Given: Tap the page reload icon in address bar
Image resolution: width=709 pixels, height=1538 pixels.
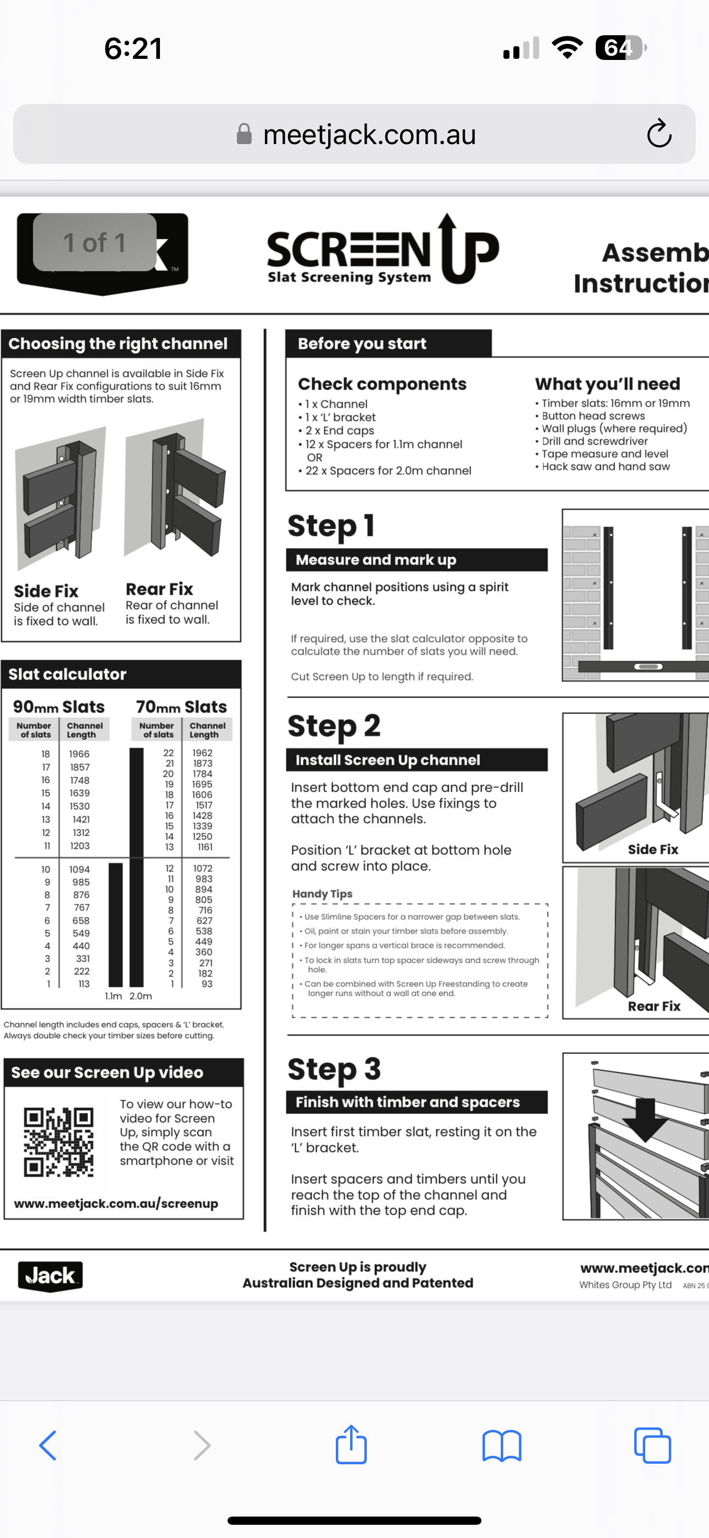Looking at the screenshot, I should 659,134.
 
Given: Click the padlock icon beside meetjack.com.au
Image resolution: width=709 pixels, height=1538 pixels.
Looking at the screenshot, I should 243,134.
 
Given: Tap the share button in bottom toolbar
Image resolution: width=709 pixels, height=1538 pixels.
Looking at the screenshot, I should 351,1445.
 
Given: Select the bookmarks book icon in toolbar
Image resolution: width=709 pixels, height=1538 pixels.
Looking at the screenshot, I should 502,1446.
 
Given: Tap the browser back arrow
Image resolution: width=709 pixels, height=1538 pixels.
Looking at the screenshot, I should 48,1446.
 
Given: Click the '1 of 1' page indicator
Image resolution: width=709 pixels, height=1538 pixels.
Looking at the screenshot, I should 95,243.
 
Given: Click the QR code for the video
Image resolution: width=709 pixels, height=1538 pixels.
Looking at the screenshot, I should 58,1142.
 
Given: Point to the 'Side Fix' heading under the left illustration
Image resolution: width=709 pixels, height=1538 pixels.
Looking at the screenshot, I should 46,591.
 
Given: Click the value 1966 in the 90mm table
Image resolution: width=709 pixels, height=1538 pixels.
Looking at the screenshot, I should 79,754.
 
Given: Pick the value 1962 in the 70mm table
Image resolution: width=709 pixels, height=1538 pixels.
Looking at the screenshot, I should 202,753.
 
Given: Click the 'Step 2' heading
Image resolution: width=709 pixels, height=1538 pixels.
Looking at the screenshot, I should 334,726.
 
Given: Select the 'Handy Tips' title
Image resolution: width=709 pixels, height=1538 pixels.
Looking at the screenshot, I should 322,894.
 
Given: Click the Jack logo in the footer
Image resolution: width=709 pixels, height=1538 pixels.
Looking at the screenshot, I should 50,1276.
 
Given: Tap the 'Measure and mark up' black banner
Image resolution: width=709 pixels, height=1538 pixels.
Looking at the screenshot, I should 417,559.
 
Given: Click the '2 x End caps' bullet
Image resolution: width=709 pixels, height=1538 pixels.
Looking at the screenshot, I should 339,431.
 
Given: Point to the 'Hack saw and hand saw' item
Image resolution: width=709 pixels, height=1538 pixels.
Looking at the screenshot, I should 605,466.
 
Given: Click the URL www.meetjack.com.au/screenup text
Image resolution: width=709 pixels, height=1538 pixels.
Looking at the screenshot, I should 116,1203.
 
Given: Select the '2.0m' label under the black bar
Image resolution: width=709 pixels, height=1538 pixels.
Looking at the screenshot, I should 141,996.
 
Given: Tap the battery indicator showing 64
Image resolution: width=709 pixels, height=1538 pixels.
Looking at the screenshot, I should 620,48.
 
